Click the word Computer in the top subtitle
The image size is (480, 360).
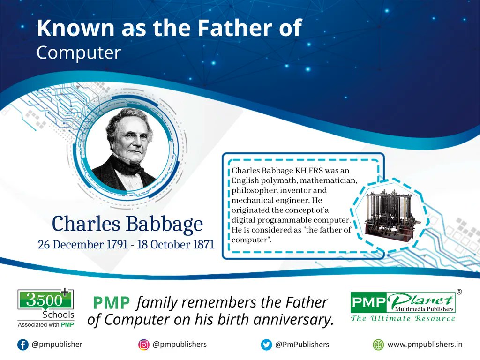78,53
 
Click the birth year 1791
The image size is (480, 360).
114,245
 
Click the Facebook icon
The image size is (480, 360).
22,345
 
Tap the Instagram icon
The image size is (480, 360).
144,345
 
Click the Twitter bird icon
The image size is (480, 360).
266,345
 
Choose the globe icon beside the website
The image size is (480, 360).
378,345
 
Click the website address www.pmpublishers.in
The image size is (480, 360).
425,345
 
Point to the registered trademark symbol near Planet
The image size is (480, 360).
459,292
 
